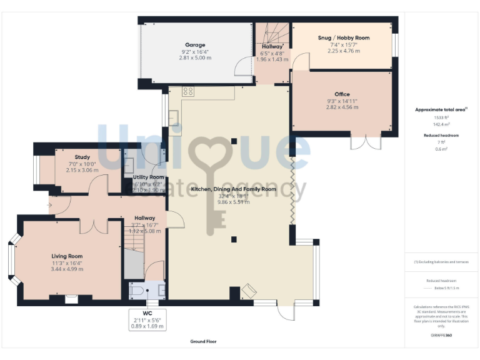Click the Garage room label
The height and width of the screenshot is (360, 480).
point(196,44)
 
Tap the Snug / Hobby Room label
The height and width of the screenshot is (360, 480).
point(344,37)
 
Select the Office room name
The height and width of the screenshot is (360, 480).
point(342,94)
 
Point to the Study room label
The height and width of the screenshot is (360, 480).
point(82,157)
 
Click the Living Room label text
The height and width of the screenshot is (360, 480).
point(67,256)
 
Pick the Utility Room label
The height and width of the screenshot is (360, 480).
point(148,177)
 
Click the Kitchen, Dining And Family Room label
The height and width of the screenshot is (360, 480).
point(233,189)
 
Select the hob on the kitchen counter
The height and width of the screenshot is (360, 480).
point(187,92)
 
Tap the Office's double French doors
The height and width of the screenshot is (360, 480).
point(366,142)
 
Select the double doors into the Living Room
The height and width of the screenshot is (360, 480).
point(94,225)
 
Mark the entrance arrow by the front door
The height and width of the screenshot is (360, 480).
point(50,204)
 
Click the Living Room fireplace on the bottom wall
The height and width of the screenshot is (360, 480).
point(71,299)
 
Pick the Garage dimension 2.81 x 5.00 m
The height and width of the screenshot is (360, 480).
point(196,57)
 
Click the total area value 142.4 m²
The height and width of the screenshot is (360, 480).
point(441,124)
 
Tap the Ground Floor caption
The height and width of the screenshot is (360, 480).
point(204,341)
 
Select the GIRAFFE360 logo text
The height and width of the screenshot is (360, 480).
point(441,336)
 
